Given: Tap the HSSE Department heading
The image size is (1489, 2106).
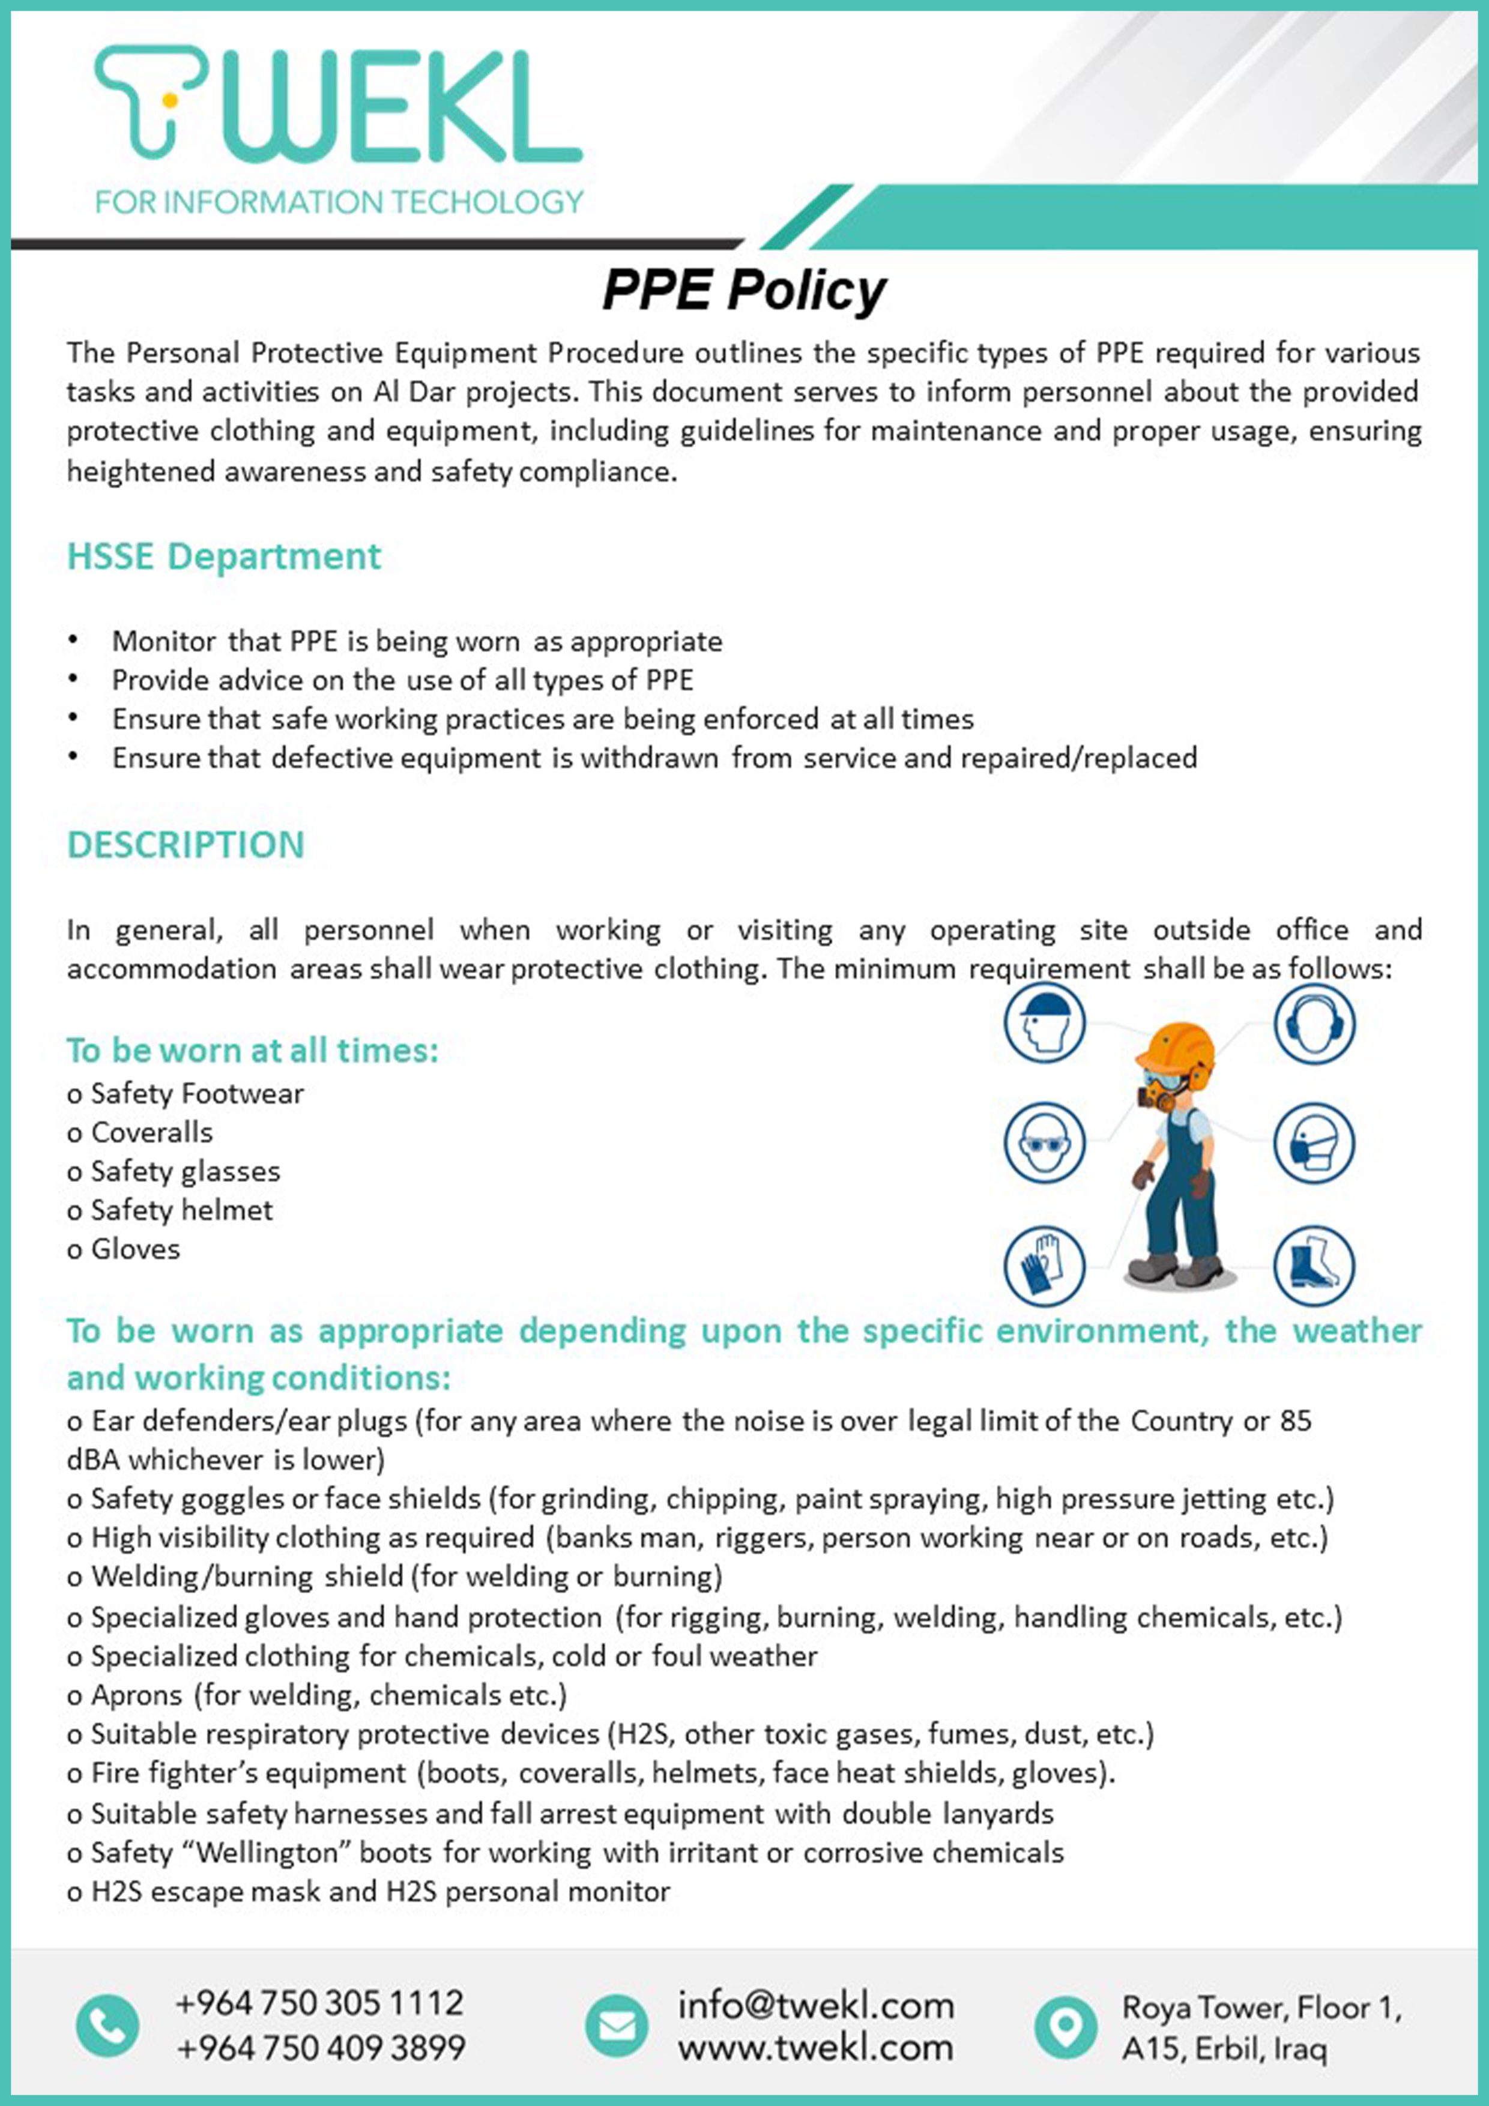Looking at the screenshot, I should point(224,557).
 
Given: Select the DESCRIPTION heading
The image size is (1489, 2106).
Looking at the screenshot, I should point(186,845).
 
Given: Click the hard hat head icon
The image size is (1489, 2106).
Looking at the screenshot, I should point(1044,1023).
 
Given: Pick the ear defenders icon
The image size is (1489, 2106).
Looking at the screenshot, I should point(1314,1023).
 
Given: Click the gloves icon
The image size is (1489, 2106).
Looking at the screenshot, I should point(1044,1266).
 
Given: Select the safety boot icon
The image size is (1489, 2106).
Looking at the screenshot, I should point(1314,1266).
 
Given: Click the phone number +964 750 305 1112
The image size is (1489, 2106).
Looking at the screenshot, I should point(319,2002).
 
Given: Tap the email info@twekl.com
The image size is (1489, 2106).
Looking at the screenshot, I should point(815,2005).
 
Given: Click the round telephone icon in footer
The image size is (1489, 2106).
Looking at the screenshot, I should point(107,2026).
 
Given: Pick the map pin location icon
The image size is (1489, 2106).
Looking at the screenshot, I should point(1065,2026).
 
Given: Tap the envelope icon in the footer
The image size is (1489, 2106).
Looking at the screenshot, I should point(617,2026).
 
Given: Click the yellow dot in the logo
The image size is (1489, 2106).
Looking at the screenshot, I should point(169,98).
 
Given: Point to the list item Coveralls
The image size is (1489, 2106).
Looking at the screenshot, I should point(151,1133).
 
